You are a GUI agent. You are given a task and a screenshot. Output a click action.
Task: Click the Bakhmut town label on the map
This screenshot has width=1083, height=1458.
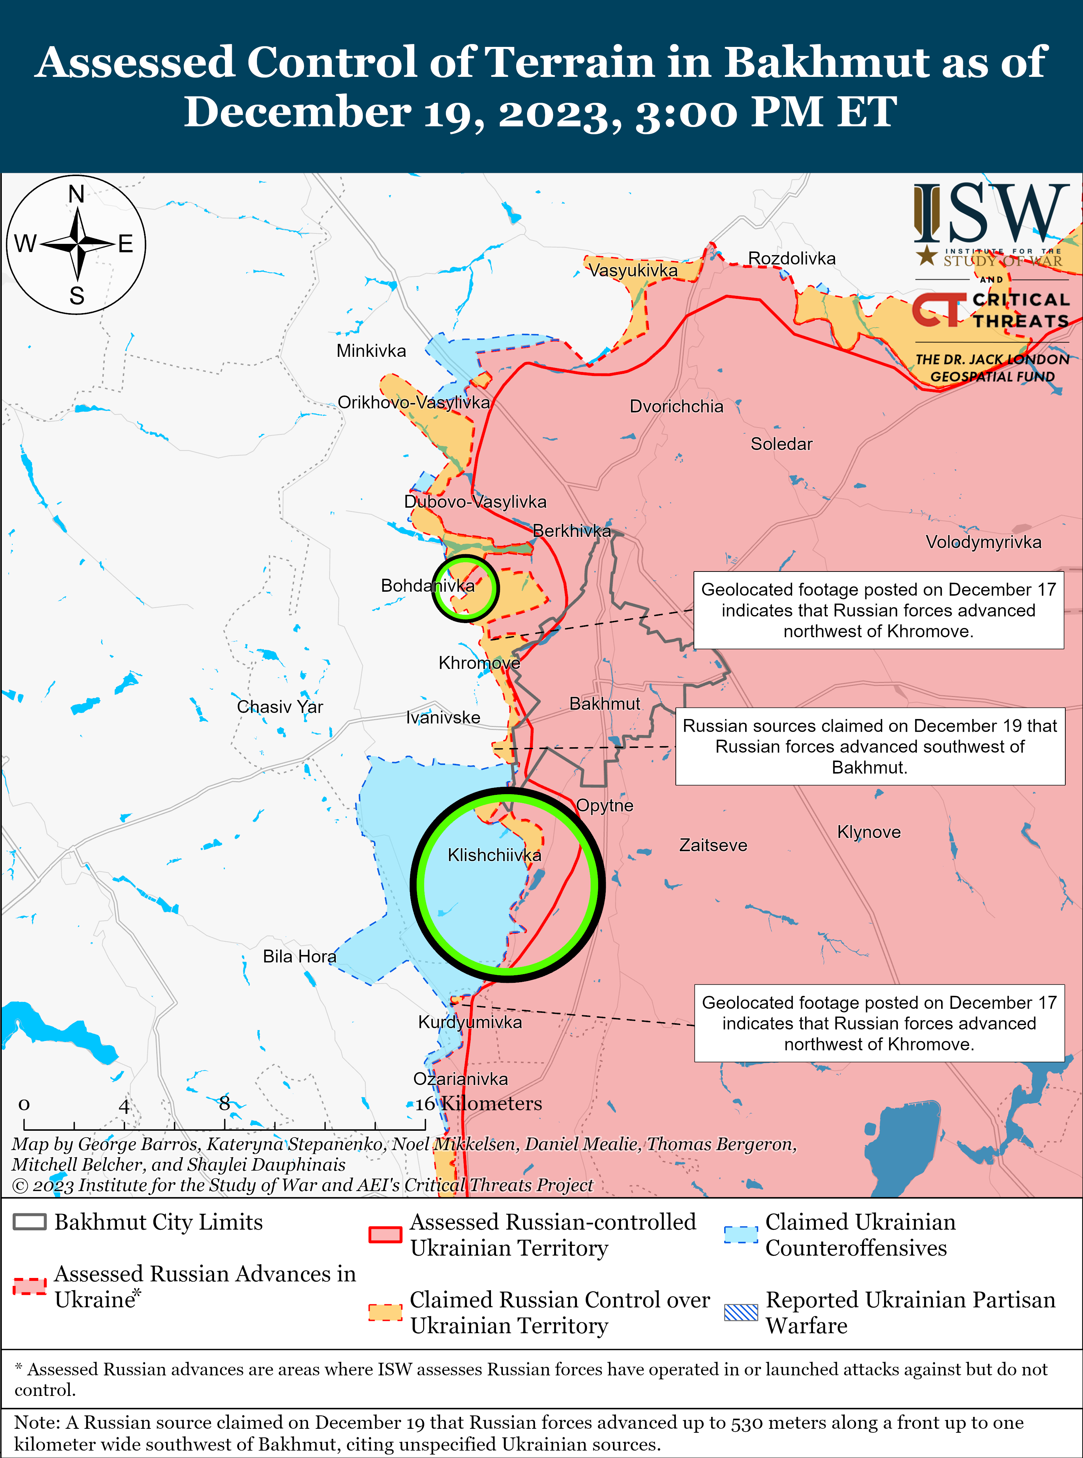[604, 704]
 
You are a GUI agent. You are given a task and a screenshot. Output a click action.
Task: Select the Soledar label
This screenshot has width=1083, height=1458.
[782, 444]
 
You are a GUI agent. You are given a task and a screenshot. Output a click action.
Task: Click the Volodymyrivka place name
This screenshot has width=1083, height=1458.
[983, 542]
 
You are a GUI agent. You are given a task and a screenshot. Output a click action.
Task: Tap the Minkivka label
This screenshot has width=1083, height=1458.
[371, 351]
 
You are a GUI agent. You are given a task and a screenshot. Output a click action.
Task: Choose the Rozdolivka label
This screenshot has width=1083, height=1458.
[792, 258]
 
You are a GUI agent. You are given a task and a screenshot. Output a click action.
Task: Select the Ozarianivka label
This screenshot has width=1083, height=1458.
[460, 1078]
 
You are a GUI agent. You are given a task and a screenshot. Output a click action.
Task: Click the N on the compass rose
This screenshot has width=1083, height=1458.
[77, 194]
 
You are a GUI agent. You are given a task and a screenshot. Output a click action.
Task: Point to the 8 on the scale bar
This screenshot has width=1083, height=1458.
[224, 1103]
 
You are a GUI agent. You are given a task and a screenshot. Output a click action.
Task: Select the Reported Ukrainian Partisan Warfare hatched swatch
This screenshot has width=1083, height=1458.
[741, 1312]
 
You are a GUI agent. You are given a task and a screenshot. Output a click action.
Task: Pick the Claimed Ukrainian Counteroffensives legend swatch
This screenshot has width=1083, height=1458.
[741, 1234]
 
